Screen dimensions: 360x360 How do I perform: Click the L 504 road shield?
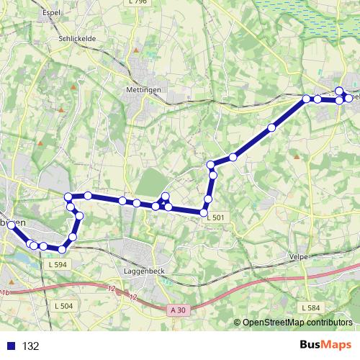click(x=63, y=306)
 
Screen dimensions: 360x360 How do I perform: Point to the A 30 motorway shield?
click(x=179, y=310)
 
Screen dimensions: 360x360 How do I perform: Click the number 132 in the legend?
click(x=30, y=346)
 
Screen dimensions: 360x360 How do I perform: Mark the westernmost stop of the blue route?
click(x=11, y=225)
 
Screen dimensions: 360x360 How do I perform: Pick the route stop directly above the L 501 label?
click(x=204, y=212)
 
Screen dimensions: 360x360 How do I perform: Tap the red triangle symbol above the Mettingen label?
click(x=136, y=52)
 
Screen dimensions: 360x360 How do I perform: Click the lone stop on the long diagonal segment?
click(x=271, y=128)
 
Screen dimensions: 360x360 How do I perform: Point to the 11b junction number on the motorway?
click(x=6, y=293)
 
